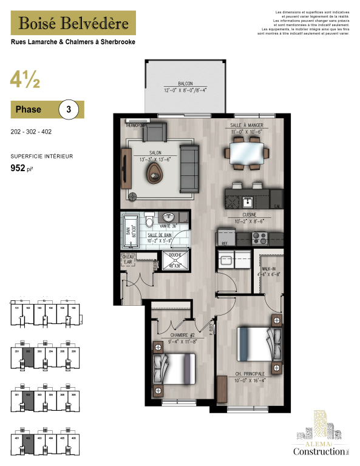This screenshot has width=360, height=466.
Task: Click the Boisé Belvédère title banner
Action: tap(73, 23)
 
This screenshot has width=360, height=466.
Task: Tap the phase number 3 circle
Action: tap(69, 110)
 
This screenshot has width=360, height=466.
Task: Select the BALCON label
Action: tap(186, 84)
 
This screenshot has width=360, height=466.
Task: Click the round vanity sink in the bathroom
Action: tap(170, 217)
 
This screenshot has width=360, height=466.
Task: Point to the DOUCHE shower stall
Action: tap(174, 262)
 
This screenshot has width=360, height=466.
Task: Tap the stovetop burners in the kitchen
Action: tap(260, 237)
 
